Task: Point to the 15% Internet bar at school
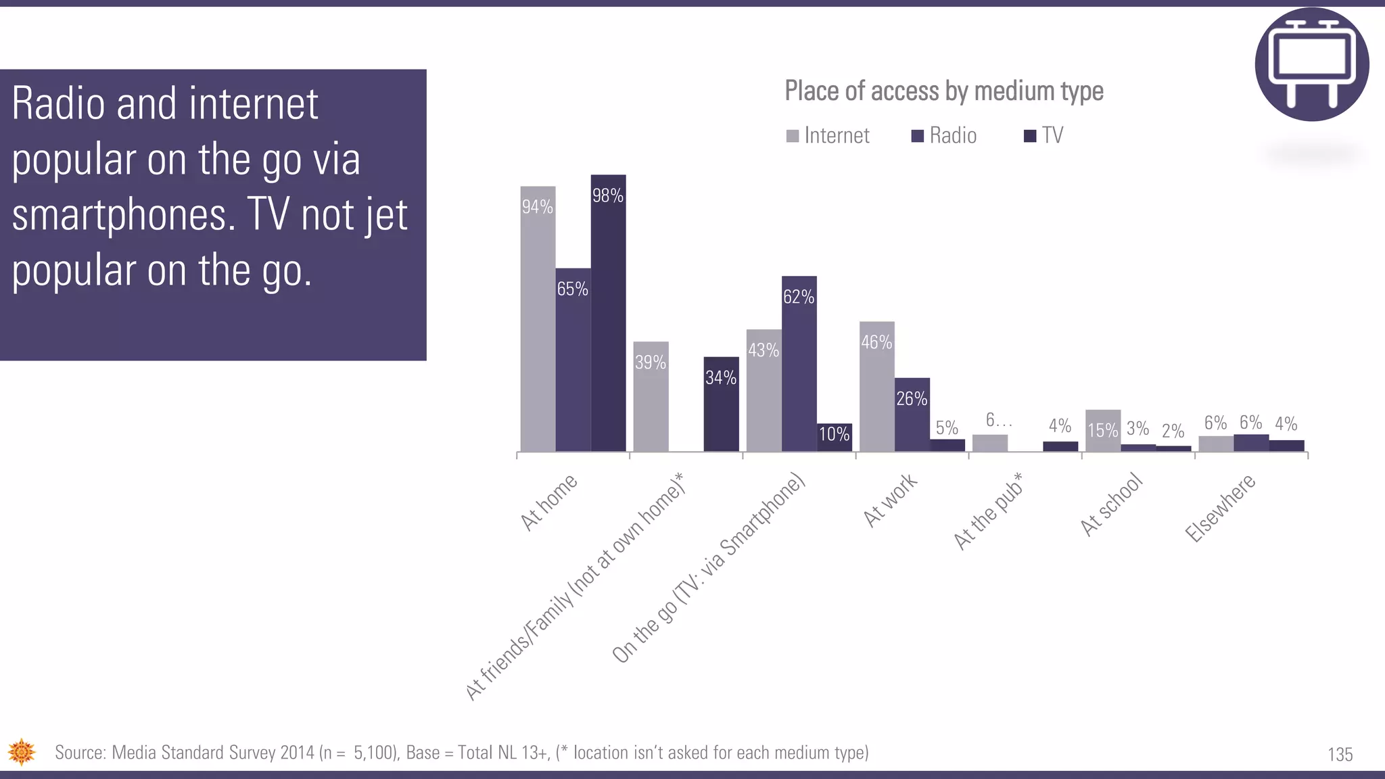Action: click(1102, 430)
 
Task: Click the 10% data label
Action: click(834, 434)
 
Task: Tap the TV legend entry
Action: click(1044, 136)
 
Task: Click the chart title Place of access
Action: click(943, 91)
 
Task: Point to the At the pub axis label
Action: click(988, 512)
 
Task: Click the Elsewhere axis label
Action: click(1220, 508)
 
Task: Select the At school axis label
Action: click(1111, 506)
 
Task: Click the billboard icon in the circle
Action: click(1311, 64)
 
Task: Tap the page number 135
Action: click(1340, 755)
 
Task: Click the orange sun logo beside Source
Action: click(22, 752)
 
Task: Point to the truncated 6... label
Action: click(998, 421)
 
